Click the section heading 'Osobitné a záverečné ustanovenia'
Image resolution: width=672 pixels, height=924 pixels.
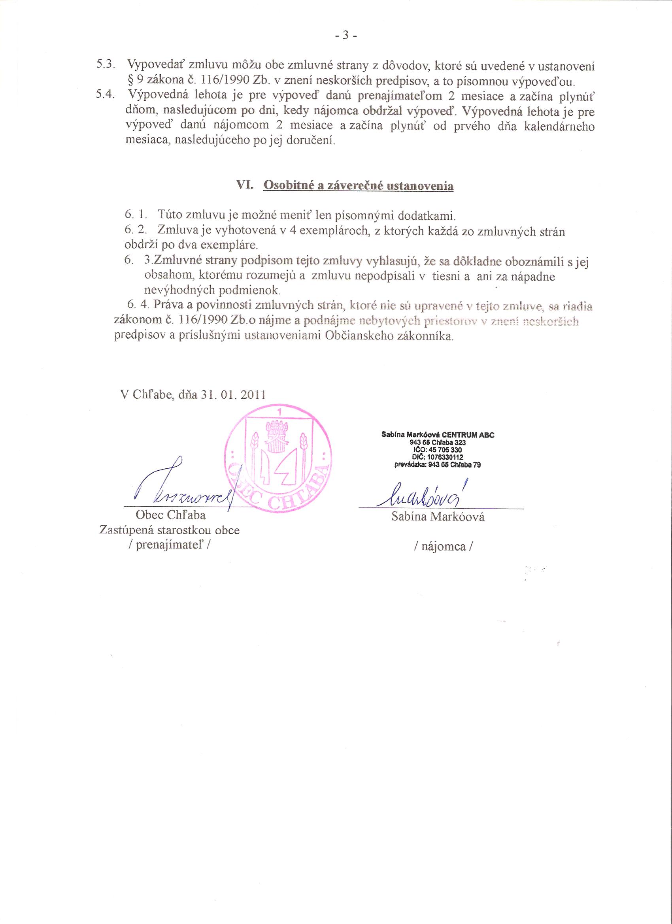(358, 186)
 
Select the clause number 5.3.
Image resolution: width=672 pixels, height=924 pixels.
(105, 64)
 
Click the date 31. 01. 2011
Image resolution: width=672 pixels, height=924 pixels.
(233, 395)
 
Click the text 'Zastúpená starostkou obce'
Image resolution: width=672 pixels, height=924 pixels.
(169, 530)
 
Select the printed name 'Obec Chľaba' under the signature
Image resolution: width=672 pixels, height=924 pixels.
(171, 515)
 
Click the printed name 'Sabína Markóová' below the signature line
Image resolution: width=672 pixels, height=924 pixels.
(437, 517)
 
